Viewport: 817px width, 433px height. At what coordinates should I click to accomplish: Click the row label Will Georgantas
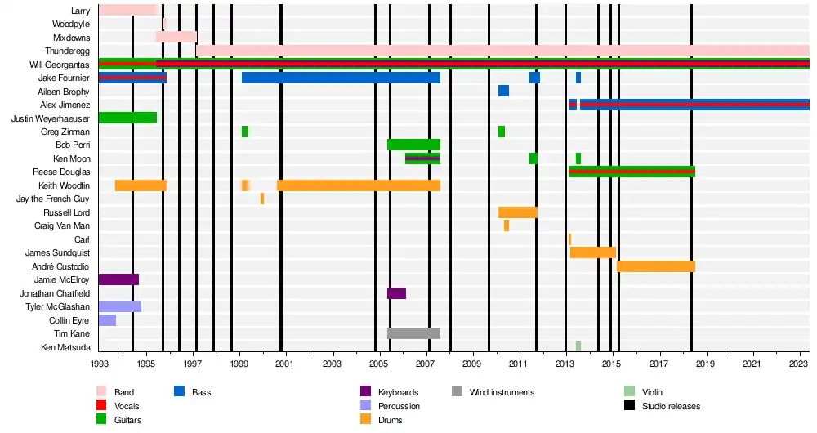tap(60, 65)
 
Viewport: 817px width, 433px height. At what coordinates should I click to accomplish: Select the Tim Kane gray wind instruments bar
tap(413, 333)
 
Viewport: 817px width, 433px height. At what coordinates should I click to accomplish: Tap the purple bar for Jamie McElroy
tap(118, 279)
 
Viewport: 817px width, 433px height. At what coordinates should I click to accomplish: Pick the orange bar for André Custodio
tap(655, 266)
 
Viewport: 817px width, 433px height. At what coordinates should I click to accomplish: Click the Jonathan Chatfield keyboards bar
tap(396, 293)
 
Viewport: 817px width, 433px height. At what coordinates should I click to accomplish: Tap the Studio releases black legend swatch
tap(630, 406)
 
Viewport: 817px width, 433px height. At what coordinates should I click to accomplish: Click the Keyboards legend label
tap(398, 392)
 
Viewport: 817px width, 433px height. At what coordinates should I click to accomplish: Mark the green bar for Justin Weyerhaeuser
tap(127, 118)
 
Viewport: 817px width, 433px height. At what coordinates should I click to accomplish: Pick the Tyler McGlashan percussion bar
tap(120, 306)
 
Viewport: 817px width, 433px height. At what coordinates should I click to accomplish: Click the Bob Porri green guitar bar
tap(413, 145)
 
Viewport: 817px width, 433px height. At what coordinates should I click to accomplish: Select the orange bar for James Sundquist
tap(592, 252)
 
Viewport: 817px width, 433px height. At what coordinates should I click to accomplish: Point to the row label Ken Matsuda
tap(65, 347)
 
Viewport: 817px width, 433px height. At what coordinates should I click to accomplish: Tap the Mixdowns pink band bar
tap(176, 37)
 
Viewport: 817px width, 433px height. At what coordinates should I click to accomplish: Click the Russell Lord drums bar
tap(517, 212)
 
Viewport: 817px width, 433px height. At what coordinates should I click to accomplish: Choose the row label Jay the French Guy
tap(53, 199)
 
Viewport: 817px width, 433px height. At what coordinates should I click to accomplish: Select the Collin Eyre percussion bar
tap(107, 320)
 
